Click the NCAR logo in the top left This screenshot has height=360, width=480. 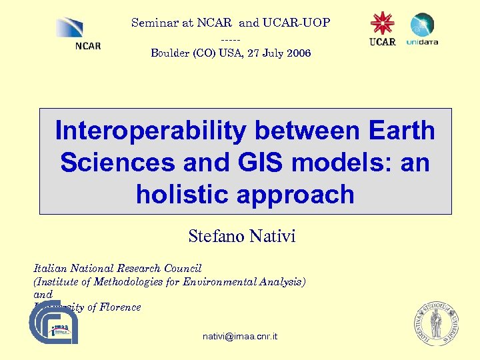point(79,34)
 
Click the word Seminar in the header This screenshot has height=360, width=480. point(154,23)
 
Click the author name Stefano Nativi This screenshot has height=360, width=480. point(241,236)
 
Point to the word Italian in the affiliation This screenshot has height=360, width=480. point(51,269)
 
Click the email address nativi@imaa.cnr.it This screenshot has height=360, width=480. point(240,337)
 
